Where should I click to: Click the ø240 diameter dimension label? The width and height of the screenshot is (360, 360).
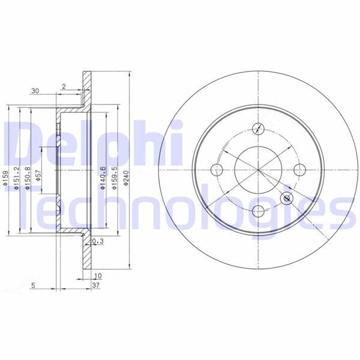click(126, 178)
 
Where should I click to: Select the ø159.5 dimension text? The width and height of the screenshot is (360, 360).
click(114, 178)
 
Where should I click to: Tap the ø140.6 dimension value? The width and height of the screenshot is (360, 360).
click(103, 178)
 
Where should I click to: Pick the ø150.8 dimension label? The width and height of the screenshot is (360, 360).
click(27, 178)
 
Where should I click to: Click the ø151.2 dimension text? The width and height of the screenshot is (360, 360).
click(16, 178)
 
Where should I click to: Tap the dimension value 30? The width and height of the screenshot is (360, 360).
click(35, 91)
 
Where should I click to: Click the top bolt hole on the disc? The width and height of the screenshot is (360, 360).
click(258, 127)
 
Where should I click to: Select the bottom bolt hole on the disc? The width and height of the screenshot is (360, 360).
click(258, 210)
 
